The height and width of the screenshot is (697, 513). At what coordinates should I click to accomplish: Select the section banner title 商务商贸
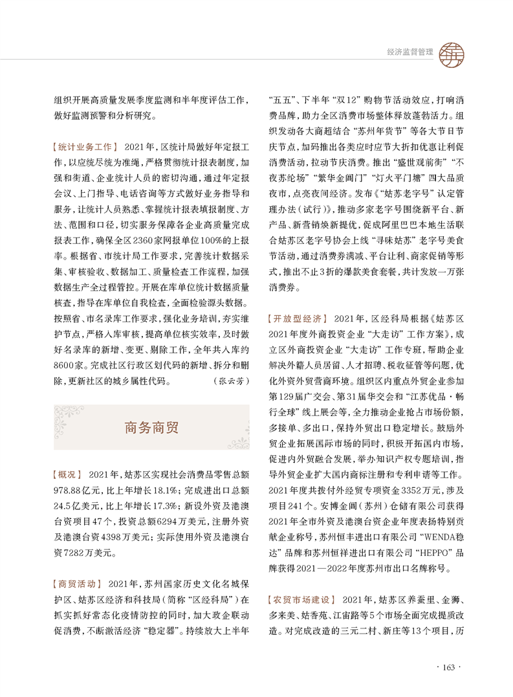[151, 427]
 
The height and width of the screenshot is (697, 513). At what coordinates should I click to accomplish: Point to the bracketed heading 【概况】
[69, 474]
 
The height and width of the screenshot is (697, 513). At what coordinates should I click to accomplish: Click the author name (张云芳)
[230, 381]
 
